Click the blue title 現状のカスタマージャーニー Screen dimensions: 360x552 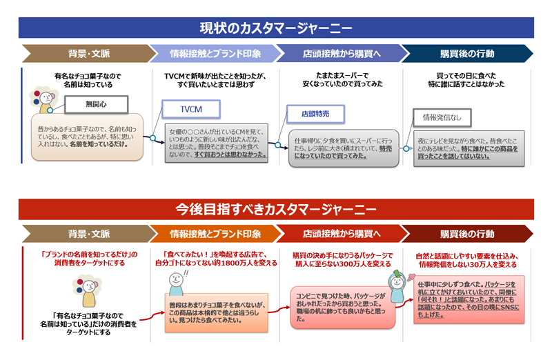[x=276, y=28]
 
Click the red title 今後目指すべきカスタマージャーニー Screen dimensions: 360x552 [x=276, y=209]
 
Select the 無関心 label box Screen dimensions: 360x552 [x=96, y=104]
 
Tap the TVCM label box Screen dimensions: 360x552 [x=191, y=109]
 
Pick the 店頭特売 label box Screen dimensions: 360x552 [x=315, y=114]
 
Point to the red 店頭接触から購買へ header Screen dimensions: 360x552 [x=340, y=234]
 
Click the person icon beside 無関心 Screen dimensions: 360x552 [x=44, y=101]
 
